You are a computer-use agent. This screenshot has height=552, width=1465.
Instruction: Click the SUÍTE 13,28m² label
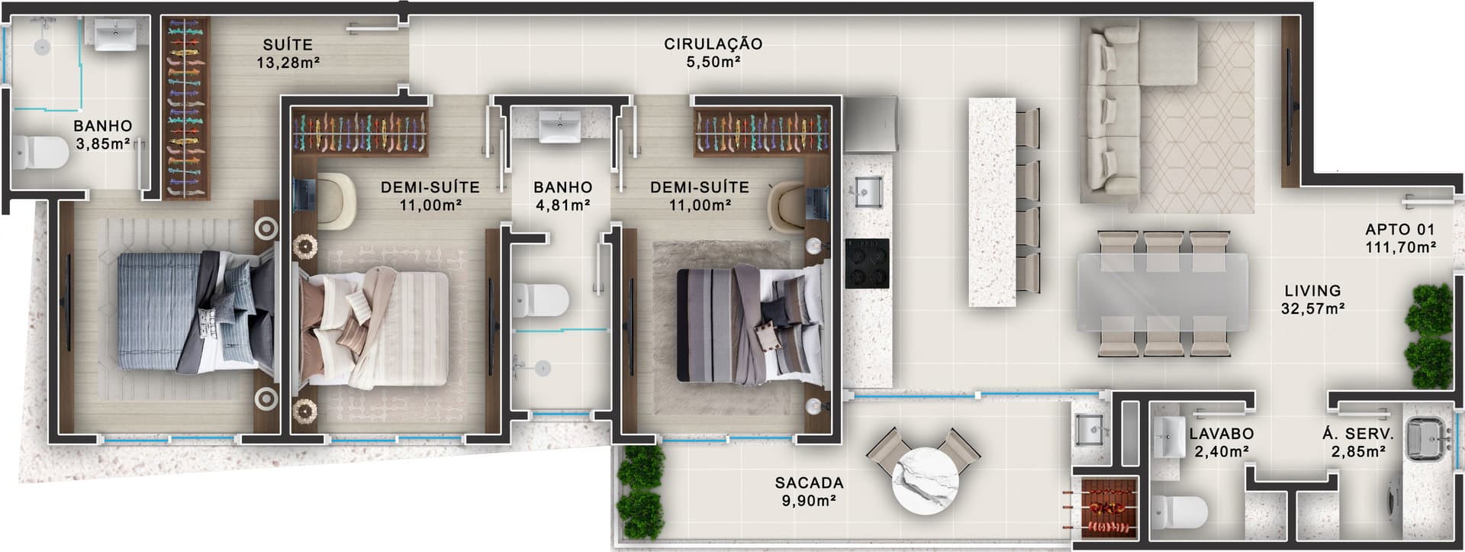coord(288,53)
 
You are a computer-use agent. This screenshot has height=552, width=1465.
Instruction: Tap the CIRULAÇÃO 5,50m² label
coord(713,53)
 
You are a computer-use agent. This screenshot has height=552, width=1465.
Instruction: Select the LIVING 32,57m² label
coord(1312,299)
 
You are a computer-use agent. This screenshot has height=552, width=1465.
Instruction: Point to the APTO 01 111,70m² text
coord(1400,237)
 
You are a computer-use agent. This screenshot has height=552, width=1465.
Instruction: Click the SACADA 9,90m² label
coord(809,492)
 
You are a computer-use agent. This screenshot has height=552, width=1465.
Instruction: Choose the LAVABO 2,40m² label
coord(1221,442)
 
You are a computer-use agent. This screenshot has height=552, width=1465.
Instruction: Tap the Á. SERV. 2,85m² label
coord(1357,442)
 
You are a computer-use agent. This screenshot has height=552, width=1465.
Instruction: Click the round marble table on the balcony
coord(926,483)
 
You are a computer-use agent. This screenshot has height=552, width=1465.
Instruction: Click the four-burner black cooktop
coord(867,263)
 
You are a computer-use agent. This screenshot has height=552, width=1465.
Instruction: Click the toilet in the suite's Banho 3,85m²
coord(40,153)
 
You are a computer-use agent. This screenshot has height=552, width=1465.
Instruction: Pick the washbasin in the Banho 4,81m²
coord(561,126)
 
